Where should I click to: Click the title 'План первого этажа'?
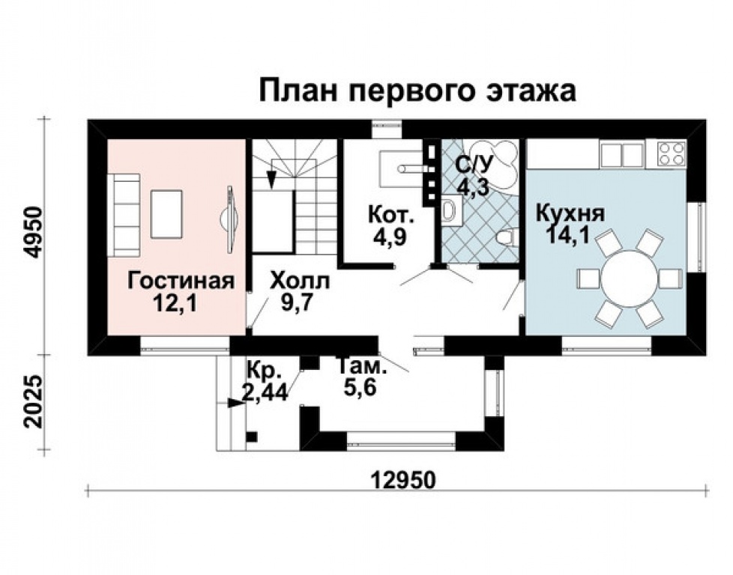(x=417, y=91)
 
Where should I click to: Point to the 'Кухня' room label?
(x=570, y=213)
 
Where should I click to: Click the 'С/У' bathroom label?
(x=472, y=164)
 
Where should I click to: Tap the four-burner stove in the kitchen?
(x=671, y=153)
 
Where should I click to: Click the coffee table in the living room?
(x=166, y=213)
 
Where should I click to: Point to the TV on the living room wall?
(x=230, y=217)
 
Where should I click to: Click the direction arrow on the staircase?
(x=271, y=177)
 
